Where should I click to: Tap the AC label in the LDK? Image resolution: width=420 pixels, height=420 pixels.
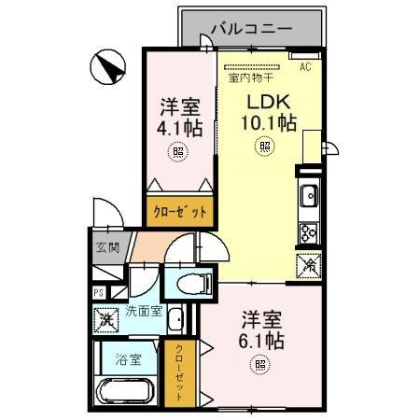tap(305, 68)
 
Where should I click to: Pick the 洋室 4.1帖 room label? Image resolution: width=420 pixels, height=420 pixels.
tap(175, 118)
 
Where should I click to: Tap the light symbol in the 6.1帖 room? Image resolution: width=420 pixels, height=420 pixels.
tap(254, 366)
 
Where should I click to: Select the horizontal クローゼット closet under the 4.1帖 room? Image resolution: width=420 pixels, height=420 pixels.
tap(179, 212)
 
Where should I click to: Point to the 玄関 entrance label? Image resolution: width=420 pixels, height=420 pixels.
tap(107, 248)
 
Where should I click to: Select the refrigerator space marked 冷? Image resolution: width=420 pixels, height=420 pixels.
tap(309, 265)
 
